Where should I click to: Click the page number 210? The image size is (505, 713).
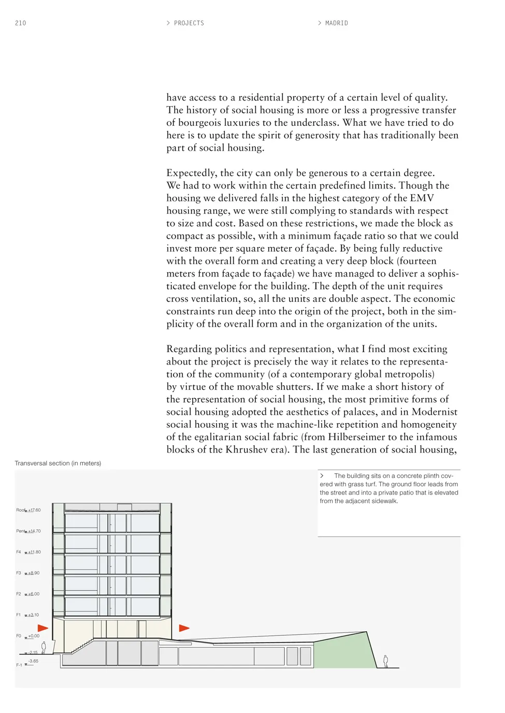(20, 23)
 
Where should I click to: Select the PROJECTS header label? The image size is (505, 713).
(189, 23)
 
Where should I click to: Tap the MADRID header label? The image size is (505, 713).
(336, 23)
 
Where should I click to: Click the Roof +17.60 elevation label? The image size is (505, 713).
(28, 510)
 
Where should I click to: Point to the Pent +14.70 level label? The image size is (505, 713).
(28, 531)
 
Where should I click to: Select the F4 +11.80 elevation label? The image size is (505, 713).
(28, 552)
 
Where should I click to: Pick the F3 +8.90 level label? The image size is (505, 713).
(28, 573)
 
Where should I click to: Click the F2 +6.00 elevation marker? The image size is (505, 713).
(28, 594)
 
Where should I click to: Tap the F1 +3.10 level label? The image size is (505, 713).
(28, 615)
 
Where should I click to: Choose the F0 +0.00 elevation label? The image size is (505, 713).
(28, 636)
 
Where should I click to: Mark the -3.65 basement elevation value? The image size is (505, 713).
(33, 661)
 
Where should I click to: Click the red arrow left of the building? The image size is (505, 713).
(42, 628)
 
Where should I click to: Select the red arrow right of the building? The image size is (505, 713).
(184, 628)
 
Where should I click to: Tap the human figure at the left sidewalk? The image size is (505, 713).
(44, 647)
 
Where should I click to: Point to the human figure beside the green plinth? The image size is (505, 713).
(385, 661)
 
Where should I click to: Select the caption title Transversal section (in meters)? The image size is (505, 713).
(58, 463)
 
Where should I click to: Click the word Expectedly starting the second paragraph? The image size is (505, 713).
(191, 173)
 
